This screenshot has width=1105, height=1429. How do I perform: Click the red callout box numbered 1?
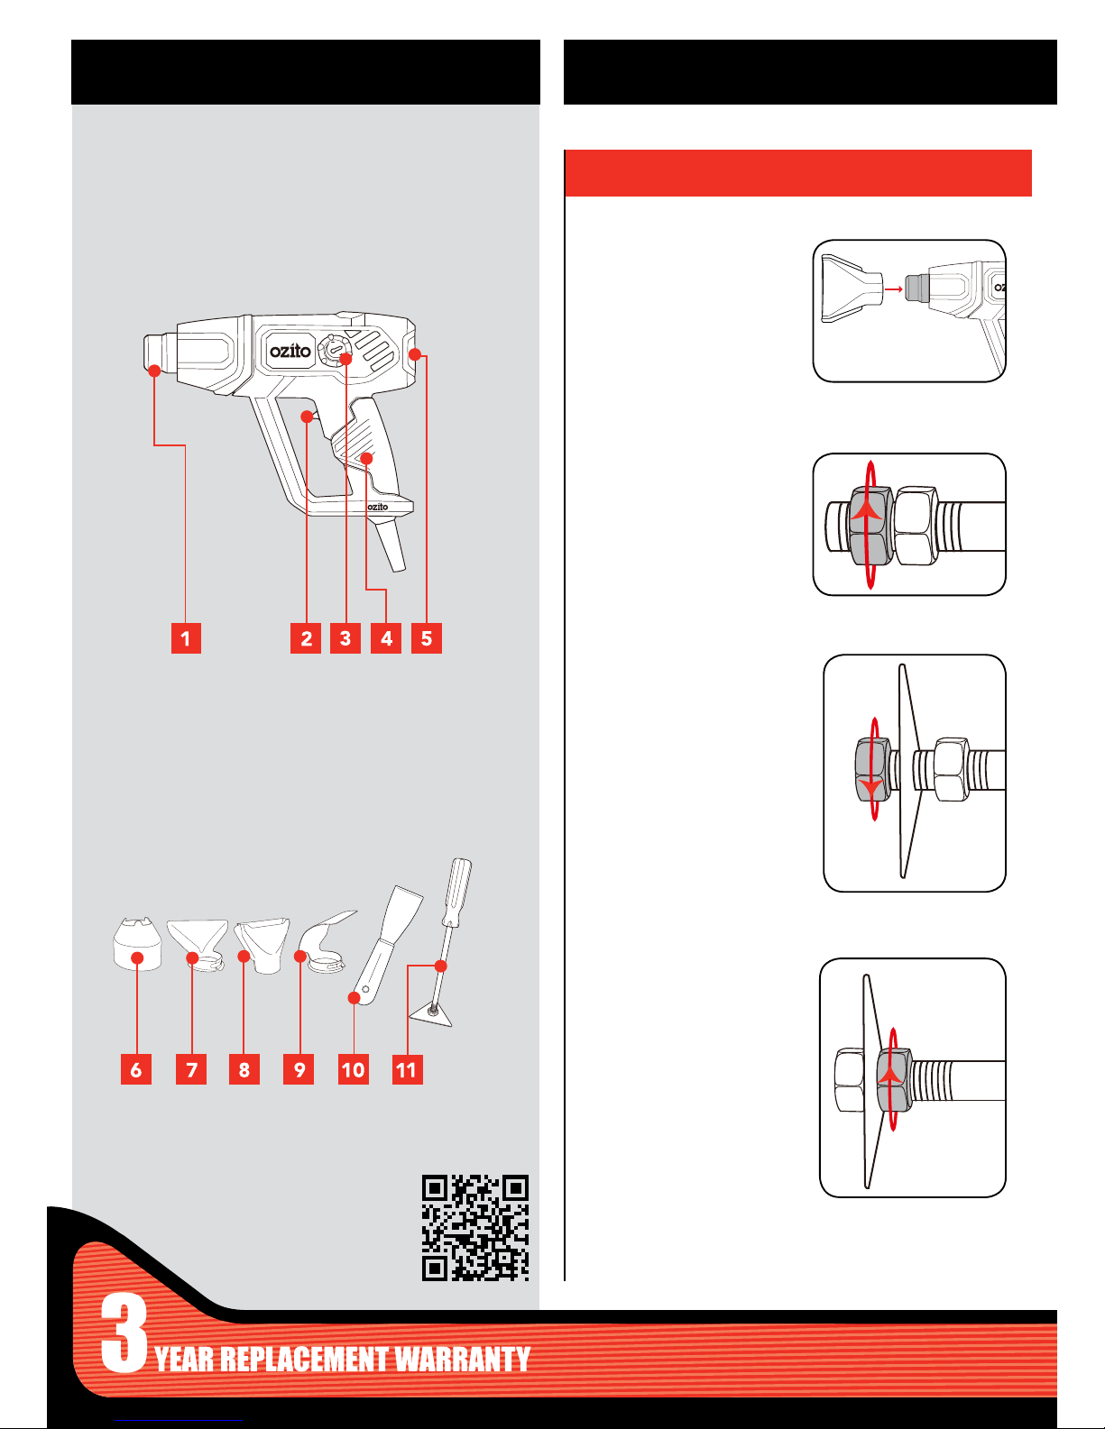186,638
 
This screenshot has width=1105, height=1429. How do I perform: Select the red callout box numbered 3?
345,638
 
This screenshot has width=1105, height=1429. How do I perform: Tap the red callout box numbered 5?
427,638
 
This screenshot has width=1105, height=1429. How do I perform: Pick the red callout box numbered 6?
136,1069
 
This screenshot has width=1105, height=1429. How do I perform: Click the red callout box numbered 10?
354,1069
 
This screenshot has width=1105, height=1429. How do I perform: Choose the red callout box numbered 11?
407,1069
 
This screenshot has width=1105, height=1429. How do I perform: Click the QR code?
474,1229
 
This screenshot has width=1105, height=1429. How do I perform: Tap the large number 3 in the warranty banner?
124,1333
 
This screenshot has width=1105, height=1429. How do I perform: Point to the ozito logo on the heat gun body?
290,351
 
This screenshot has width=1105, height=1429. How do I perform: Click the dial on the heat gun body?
334,349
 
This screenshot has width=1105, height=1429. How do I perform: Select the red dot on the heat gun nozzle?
154,371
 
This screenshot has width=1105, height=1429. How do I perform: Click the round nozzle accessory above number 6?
137,944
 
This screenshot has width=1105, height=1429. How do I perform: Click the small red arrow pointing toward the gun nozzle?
893,289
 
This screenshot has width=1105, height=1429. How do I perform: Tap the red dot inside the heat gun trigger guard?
307,417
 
